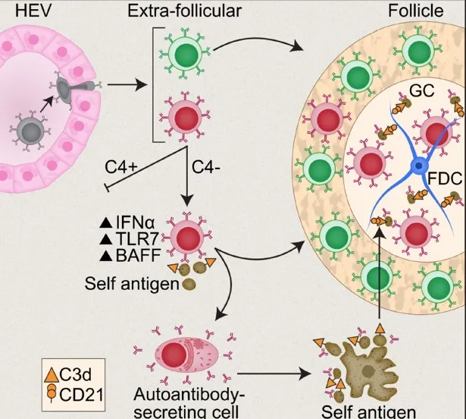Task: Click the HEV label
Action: point(20,10)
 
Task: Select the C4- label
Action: point(210,165)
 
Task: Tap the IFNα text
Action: point(137,222)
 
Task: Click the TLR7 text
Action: point(137,238)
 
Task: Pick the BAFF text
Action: point(137,254)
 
